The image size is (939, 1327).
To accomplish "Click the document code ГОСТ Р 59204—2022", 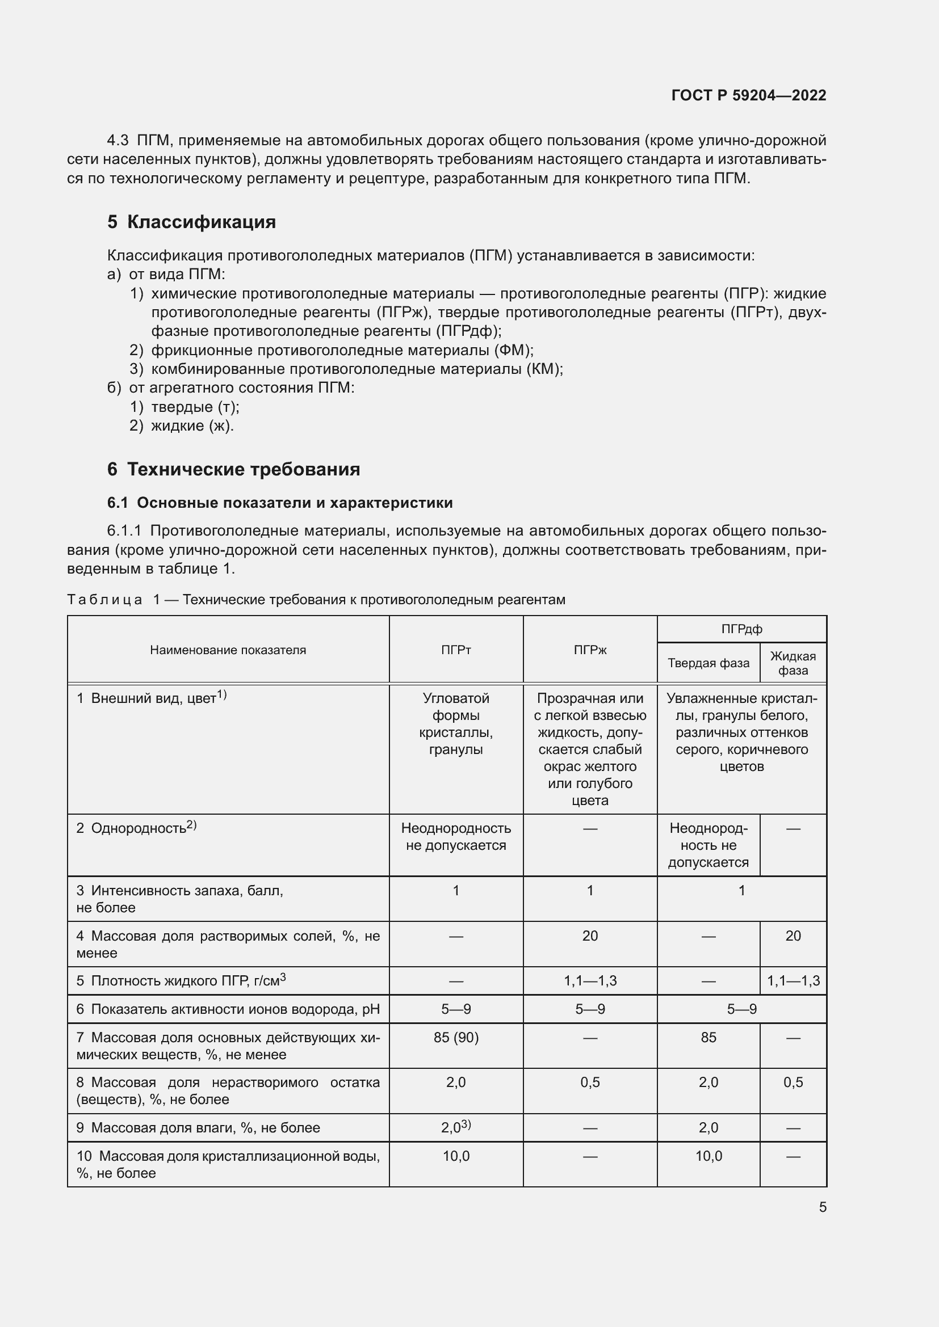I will (x=748, y=95).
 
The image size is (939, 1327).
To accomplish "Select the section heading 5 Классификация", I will (x=191, y=222).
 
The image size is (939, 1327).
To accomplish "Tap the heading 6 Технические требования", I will (x=233, y=469).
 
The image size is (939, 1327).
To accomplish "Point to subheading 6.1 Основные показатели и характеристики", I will (x=280, y=503).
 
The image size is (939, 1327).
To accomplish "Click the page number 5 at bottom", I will (x=822, y=1207).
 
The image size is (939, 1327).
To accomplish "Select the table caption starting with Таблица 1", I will (x=316, y=599).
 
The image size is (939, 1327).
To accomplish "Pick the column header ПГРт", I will (x=456, y=650).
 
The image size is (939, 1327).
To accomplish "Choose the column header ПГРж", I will (x=590, y=650).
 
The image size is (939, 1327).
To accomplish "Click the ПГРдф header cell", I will (x=741, y=629).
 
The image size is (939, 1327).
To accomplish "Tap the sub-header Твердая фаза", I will (x=709, y=663).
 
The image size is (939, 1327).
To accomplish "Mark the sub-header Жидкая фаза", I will (x=793, y=663).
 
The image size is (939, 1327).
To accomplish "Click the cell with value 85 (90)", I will (x=456, y=1038).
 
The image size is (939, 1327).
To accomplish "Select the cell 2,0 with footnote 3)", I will (x=456, y=1128).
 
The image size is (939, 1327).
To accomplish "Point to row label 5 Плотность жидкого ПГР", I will (x=181, y=981).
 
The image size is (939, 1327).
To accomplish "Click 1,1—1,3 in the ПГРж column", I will (x=590, y=981).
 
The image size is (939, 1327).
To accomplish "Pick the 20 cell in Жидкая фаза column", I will (x=793, y=936).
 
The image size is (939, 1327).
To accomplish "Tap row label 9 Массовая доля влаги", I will (x=198, y=1128).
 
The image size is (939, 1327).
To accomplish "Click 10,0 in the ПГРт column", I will (x=456, y=1156).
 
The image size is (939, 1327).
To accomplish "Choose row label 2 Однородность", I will (x=136, y=828).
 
